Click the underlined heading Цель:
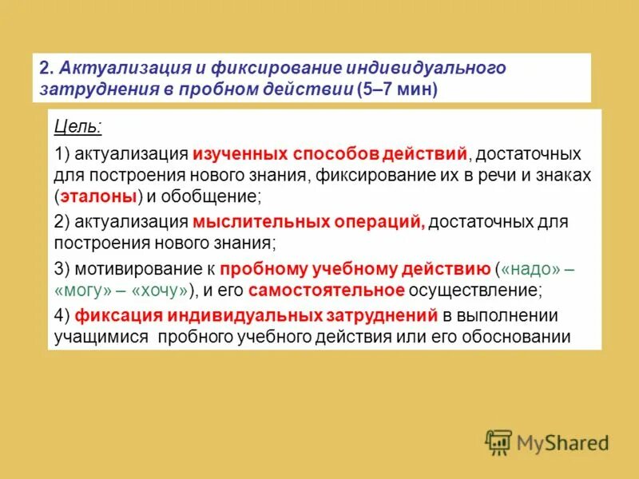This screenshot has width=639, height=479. click(77, 127)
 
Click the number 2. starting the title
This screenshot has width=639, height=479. click(47, 68)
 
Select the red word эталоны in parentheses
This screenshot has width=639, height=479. click(100, 196)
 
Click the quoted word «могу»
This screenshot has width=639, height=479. click(84, 291)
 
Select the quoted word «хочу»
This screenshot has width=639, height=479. click(161, 291)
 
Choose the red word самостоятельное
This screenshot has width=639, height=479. click(327, 291)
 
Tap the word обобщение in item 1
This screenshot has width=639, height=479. click(212, 196)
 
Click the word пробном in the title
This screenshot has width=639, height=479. click(212, 89)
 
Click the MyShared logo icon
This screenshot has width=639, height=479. click(498, 441)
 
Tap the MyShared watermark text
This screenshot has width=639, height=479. click(562, 442)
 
